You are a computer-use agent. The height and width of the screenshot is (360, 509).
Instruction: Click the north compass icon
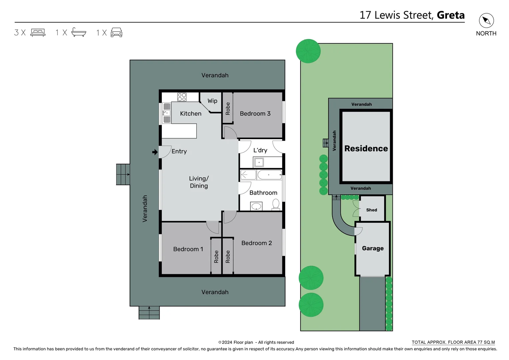pos(486,21)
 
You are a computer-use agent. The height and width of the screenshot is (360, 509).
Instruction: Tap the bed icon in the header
pos(38,32)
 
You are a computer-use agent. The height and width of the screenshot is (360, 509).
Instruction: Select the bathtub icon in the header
pos(79,32)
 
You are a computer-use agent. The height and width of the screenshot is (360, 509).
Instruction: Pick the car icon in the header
pos(116,32)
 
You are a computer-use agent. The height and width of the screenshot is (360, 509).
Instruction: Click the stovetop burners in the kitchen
pos(182,97)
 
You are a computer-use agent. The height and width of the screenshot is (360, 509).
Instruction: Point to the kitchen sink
pos(166,113)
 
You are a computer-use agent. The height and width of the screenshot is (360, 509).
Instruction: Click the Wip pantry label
pos(212,101)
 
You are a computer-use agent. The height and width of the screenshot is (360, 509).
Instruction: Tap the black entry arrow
pos(155,152)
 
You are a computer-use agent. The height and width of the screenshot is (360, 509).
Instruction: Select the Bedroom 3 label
pos(255,114)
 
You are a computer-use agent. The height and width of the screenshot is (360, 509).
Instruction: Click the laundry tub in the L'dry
pos(259,162)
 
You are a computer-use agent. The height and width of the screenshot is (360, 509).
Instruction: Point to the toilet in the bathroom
pos(276,204)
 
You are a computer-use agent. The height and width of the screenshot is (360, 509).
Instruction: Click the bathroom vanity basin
pos(256,206)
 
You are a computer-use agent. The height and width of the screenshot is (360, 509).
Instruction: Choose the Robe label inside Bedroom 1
pos(216,256)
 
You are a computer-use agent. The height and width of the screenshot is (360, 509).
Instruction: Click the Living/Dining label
pos(199,182)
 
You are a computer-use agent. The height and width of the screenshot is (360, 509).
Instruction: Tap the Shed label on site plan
pos(371,210)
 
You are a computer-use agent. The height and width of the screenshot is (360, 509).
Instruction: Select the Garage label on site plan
pos(372,248)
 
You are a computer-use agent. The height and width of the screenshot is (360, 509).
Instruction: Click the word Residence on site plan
pos(366,149)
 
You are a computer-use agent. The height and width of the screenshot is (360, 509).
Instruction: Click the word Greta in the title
pos(450,15)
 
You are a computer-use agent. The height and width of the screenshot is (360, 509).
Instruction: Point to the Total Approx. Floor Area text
pos(453,342)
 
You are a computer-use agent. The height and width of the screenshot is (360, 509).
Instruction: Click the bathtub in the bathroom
pos(270,175)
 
